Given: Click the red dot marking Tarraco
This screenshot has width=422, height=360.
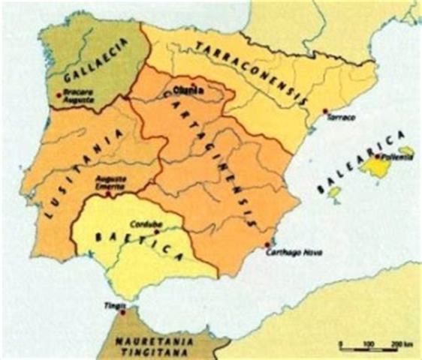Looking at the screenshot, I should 325,112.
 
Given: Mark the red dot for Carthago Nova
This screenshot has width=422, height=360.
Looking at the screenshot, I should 268,244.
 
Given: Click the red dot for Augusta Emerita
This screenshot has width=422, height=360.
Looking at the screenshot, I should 108,193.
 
